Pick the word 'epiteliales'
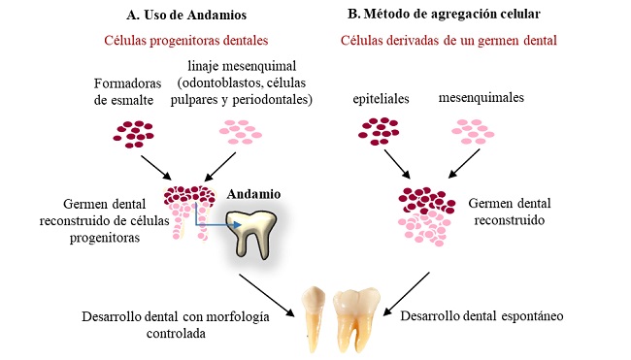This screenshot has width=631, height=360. click(382, 98)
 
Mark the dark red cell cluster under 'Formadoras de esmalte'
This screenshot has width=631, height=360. click(136, 132)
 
